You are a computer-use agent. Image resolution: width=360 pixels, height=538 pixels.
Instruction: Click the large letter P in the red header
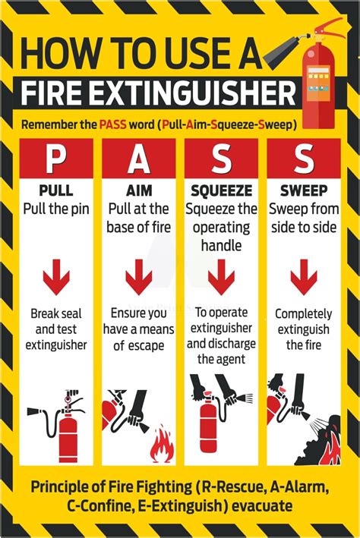pyautogui.click(x=56, y=159)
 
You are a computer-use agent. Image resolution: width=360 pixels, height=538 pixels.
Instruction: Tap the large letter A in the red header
pyautogui.click(x=138, y=159)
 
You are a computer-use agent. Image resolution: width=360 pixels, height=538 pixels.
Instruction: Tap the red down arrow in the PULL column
pyautogui.click(x=56, y=277)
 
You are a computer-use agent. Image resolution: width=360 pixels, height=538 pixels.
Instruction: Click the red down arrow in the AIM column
pyautogui.click(x=138, y=277)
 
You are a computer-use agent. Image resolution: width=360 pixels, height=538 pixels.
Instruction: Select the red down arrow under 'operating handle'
pyautogui.click(x=221, y=277)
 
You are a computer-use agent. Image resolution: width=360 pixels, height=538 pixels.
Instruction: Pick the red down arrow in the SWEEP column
pyautogui.click(x=303, y=277)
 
